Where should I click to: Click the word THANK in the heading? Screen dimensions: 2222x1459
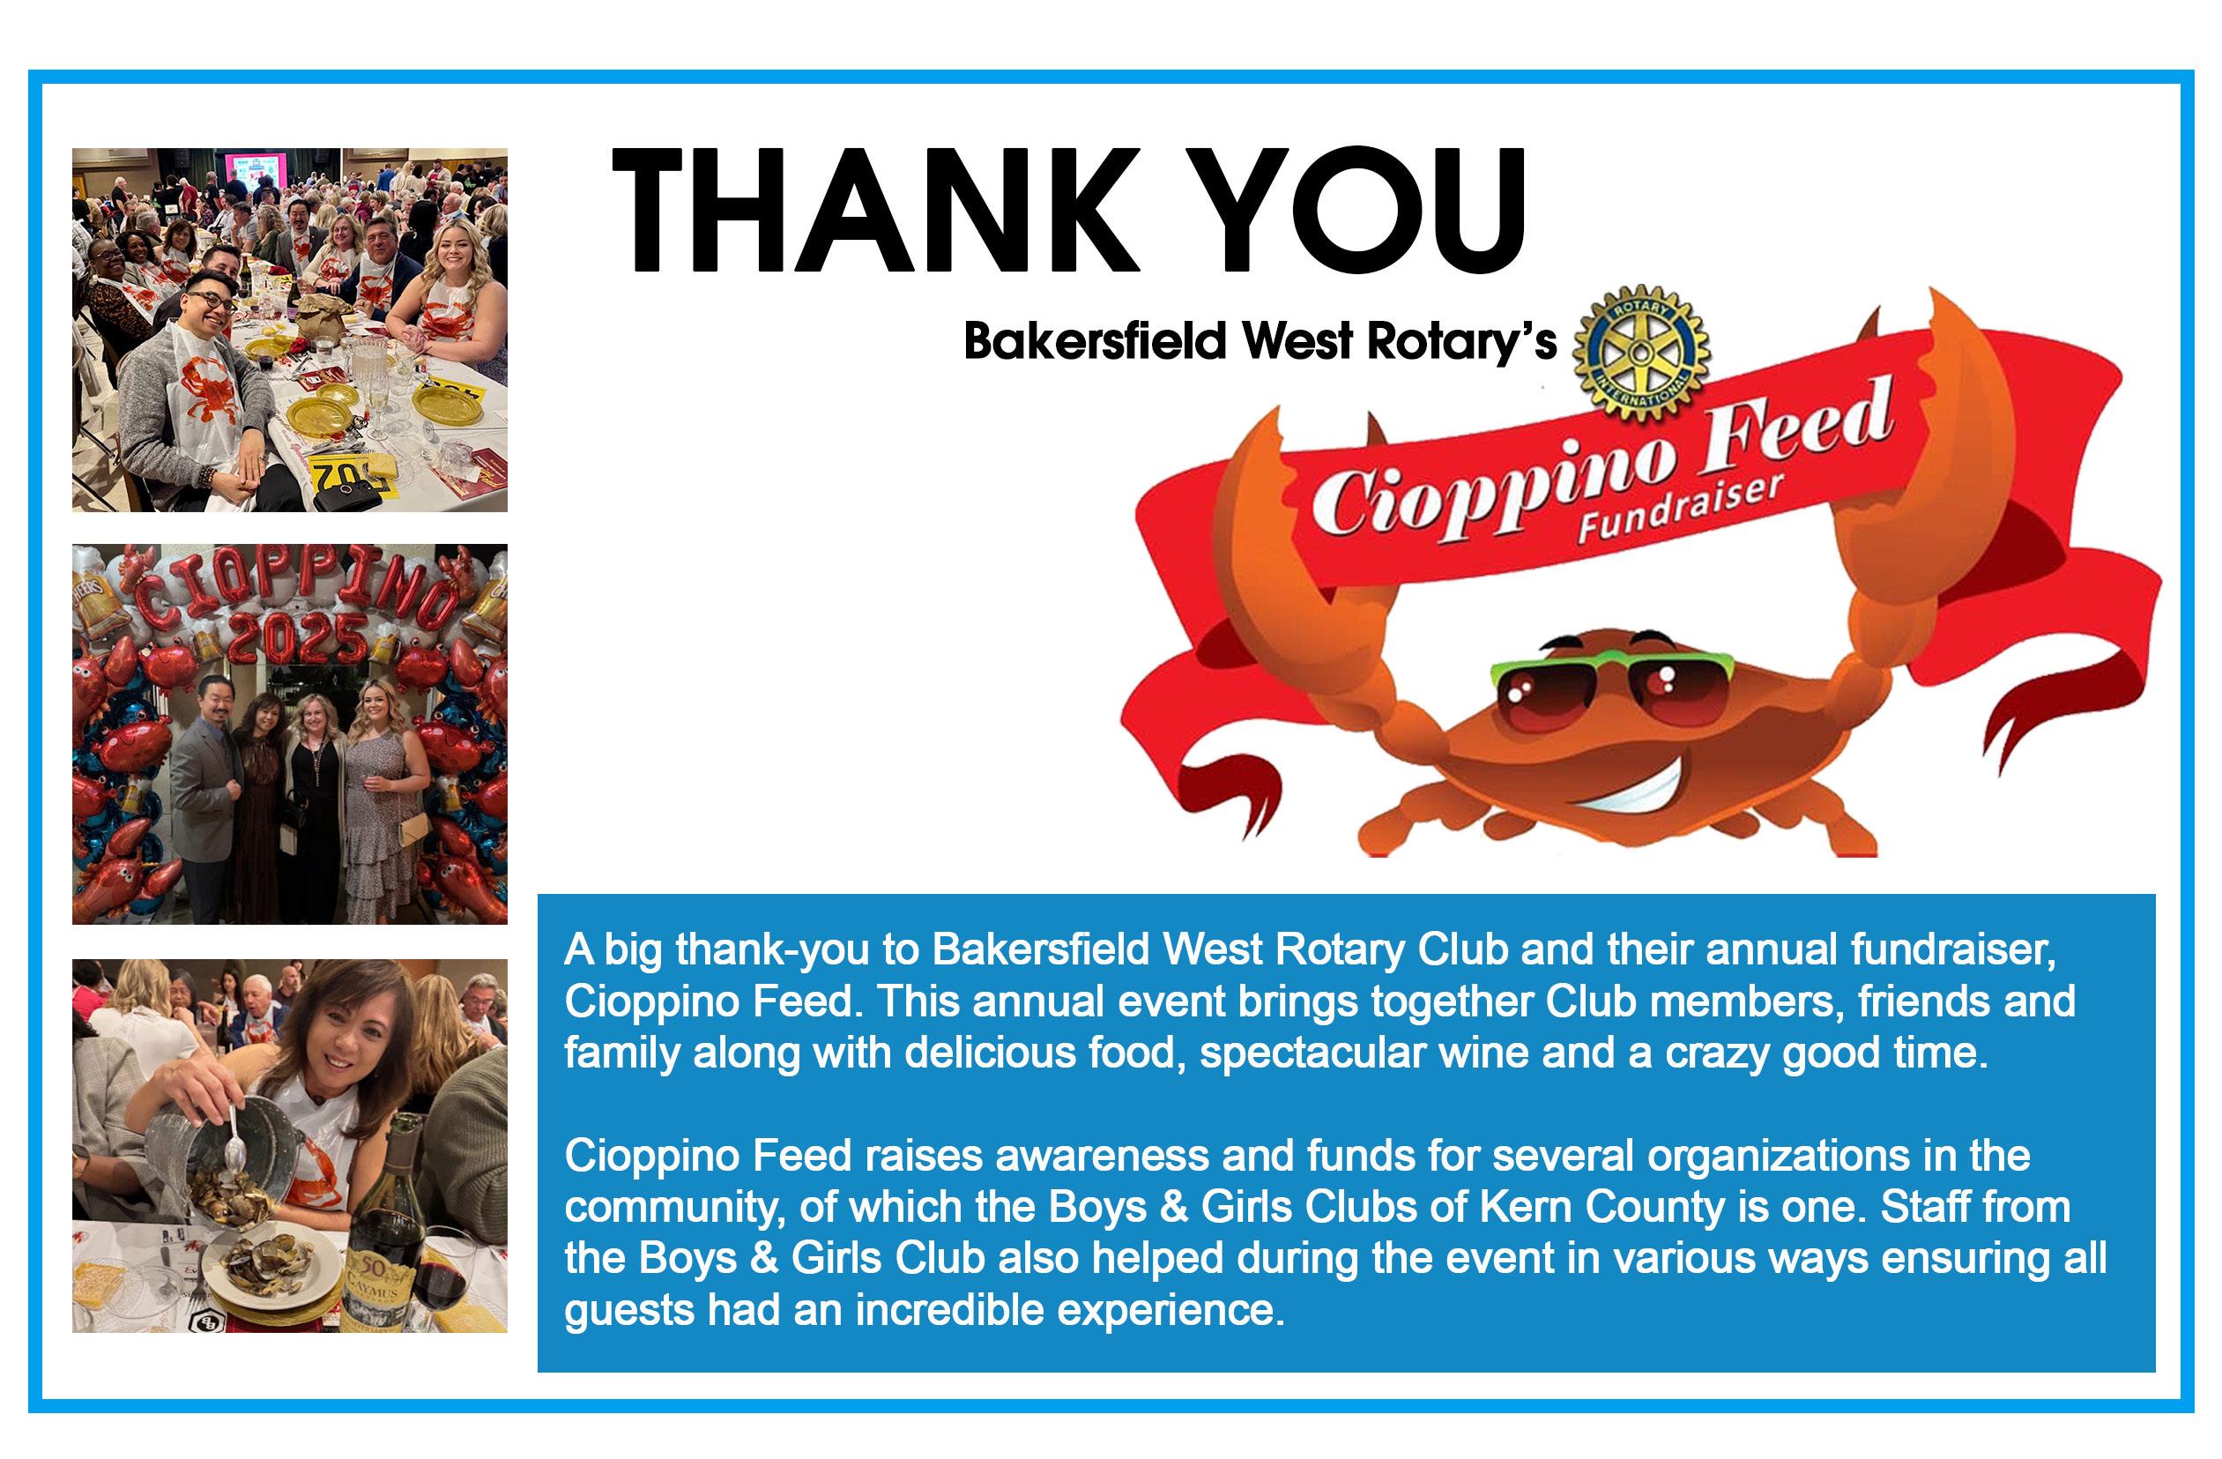(876, 210)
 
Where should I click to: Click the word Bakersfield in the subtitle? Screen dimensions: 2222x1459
(1094, 341)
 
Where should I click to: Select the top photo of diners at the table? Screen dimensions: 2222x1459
(289, 330)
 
